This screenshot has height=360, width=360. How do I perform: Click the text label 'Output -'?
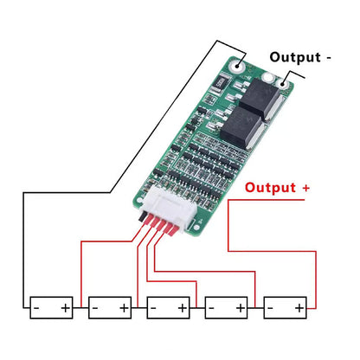point(300,57)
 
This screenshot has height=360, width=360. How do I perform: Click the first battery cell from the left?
point(50,307)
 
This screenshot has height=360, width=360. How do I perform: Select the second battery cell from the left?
point(110,307)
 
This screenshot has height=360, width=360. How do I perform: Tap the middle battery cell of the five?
point(169,307)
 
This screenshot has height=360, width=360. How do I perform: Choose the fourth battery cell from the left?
point(226,307)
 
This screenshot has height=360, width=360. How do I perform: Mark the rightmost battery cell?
point(286,307)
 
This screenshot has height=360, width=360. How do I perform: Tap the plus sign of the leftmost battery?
point(65,307)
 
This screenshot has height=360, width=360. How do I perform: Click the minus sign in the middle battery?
point(154,307)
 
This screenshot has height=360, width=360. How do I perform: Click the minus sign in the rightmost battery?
point(272,307)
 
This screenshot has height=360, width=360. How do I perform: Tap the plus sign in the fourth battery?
point(240,307)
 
